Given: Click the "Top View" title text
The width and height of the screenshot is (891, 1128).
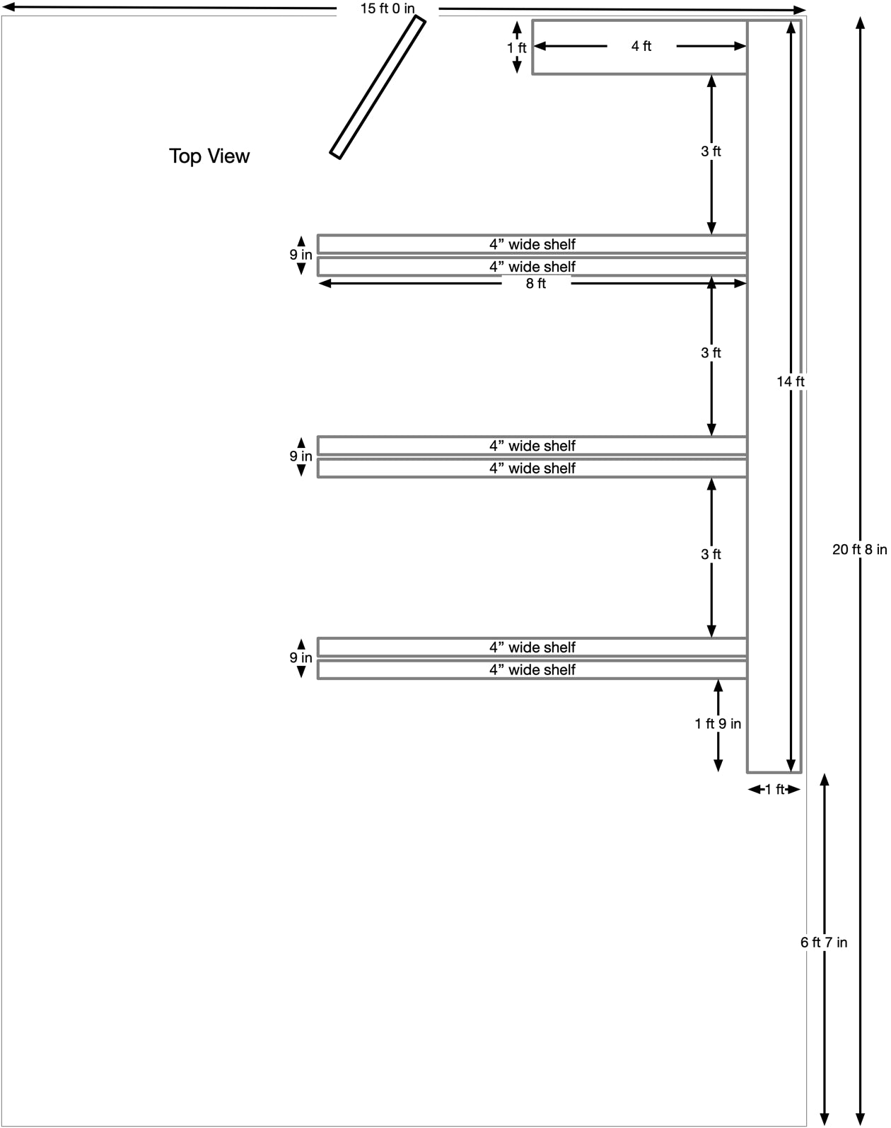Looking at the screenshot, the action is pyautogui.click(x=209, y=156).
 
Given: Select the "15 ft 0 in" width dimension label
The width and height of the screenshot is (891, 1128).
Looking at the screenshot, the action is pyautogui.click(x=387, y=8).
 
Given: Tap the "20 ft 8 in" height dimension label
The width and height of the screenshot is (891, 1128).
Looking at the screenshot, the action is pyautogui.click(x=860, y=549).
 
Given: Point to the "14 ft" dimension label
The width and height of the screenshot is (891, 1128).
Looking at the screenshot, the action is pyautogui.click(x=790, y=381).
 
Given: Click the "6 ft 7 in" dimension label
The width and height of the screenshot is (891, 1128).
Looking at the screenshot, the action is pyautogui.click(x=823, y=943).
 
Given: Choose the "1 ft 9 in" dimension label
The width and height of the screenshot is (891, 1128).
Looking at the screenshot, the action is pyautogui.click(x=718, y=724).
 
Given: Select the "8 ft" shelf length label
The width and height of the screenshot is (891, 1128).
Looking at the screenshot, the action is pyautogui.click(x=536, y=284).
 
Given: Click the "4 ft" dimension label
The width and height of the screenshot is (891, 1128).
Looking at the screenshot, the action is pyautogui.click(x=641, y=46).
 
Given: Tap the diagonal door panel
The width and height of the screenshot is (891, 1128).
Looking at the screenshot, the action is pyautogui.click(x=378, y=87).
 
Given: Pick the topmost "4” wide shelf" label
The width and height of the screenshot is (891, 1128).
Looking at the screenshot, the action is pyautogui.click(x=532, y=244).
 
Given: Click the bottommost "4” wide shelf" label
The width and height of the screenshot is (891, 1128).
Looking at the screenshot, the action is pyautogui.click(x=532, y=670).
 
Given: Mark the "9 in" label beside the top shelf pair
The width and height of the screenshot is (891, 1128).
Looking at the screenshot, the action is pyautogui.click(x=301, y=255).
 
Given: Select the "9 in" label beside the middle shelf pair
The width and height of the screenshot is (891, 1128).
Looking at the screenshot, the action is pyautogui.click(x=301, y=456).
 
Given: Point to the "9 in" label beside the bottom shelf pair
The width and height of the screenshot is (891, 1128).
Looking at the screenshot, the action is pyautogui.click(x=301, y=657).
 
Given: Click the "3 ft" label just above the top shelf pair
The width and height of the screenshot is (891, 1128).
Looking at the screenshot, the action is pyautogui.click(x=711, y=151).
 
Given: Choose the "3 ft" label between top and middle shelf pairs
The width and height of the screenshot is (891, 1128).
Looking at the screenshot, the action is pyautogui.click(x=711, y=352).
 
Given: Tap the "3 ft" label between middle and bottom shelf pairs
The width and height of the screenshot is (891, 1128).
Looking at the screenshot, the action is pyautogui.click(x=711, y=554).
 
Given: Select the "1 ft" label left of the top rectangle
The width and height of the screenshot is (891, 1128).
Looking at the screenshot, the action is pyautogui.click(x=516, y=47).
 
